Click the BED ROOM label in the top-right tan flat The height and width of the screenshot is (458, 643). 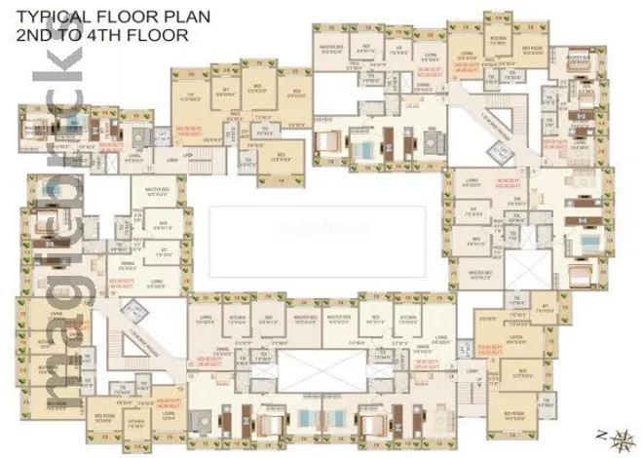pyautogui.click(x=531, y=48)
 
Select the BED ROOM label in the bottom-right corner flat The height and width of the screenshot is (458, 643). pyautogui.click(x=510, y=414)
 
